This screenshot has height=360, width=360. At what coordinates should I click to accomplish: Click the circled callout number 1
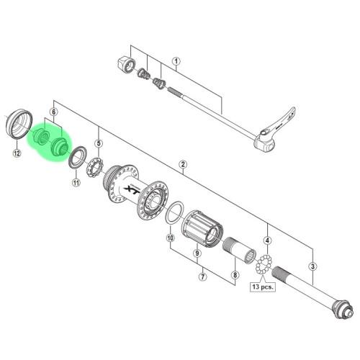pos(176,61)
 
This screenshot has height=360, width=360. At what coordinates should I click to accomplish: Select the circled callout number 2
pos(183,164)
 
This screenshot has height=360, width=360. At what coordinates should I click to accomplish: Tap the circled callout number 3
pos(312,266)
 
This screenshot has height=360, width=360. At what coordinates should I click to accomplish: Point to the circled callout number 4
pos(267,240)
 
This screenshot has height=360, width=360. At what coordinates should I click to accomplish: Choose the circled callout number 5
pos(99,143)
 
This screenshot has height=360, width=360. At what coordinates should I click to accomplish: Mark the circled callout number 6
pos(53,112)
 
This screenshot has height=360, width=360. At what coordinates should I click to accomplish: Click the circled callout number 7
pos(203,276)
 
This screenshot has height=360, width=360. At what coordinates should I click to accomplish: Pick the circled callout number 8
pos(235,275)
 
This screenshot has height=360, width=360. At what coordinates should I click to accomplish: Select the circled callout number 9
pos(197,253)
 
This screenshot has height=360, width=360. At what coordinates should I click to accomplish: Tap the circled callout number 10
pos(171,238)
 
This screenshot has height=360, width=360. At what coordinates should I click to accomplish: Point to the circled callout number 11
pos(76,183)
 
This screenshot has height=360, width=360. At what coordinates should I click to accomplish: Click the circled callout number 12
pos(17,153)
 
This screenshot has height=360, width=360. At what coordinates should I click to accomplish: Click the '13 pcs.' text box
pos(263,287)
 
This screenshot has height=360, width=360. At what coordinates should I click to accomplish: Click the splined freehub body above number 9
pos(202,229)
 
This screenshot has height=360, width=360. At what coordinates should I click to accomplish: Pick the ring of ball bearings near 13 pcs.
pos(264,264)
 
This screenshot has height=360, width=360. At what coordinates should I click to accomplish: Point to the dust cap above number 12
pos(19,124)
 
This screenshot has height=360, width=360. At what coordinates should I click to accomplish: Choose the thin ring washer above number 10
pos(175,212)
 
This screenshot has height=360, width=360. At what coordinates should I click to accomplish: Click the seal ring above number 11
pos(78,157)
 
